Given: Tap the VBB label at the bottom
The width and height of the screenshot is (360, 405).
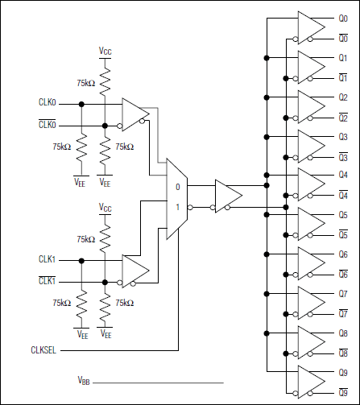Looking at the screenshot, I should tap(84, 379).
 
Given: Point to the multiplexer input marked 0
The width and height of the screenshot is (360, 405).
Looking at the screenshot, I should tap(177, 187).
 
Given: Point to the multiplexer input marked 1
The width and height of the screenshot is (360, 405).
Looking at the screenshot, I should tap(177, 206).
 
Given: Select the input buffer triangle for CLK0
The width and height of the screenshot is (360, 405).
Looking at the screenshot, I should tap(134, 114).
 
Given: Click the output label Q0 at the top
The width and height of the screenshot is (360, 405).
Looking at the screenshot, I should tap(342, 16).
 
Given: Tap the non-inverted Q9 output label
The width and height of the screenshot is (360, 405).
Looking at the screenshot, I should tap(342, 372).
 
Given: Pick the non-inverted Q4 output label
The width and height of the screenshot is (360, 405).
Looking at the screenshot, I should tap(342, 175).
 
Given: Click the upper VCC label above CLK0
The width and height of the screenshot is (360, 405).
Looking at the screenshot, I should tap(106, 51).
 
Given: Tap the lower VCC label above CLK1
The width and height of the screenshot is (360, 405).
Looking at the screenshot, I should tap(106, 207).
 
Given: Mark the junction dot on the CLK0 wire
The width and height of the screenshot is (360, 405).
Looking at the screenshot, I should tap(81, 104).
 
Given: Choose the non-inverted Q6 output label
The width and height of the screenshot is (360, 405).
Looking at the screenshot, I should tap(342, 254).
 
